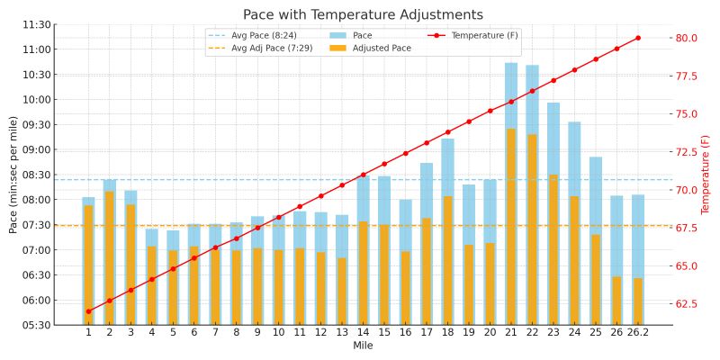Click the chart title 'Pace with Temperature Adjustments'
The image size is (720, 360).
(x=363, y=14)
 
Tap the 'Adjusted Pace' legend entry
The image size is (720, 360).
(x=382, y=48)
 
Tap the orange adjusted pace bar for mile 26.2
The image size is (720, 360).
(x=638, y=301)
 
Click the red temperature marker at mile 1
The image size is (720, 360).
(x=88, y=311)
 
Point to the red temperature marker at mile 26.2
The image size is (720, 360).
(x=638, y=38)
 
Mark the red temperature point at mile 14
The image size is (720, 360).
(x=363, y=175)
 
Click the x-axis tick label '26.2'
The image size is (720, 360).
(x=638, y=333)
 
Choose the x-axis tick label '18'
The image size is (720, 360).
(x=447, y=333)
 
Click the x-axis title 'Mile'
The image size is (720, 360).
(x=363, y=346)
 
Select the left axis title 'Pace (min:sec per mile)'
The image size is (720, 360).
(x=13, y=175)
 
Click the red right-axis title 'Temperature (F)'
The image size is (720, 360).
(x=706, y=175)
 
